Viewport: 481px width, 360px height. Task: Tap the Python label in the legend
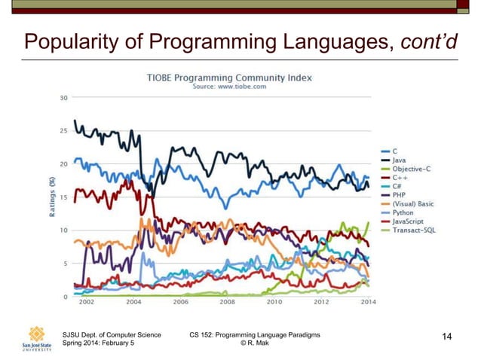pyautogui.click(x=403, y=212)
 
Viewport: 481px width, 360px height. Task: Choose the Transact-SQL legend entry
pyautogui.click(x=413, y=230)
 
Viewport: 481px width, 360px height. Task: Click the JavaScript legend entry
pyautogui.click(x=407, y=221)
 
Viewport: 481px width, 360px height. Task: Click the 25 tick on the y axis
pyautogui.click(x=64, y=130)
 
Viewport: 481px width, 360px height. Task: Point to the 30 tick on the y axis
pyautogui.click(x=64, y=97)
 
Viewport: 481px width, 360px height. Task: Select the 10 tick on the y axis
pyautogui.click(x=64, y=230)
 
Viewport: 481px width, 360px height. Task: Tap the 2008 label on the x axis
pyautogui.click(x=227, y=303)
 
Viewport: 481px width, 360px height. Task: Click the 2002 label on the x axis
pyautogui.click(x=87, y=303)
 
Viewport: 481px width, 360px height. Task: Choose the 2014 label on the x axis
pyautogui.click(x=368, y=303)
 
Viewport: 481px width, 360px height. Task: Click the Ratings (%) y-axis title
pyautogui.click(x=51, y=197)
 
